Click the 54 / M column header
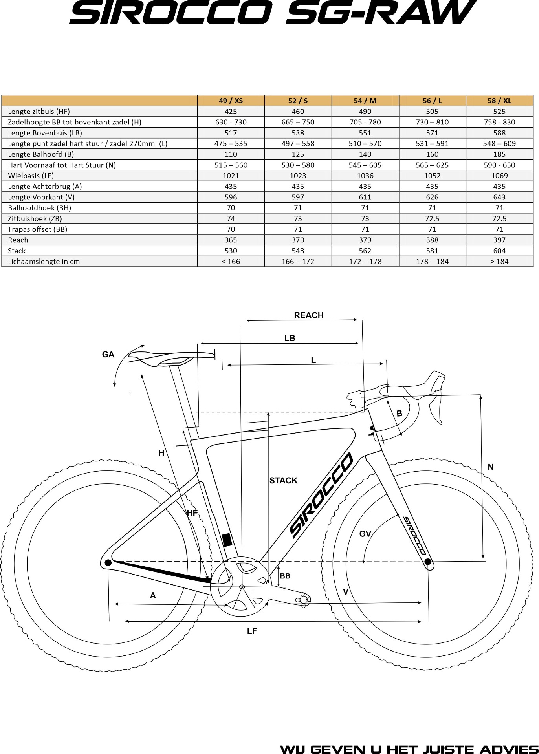click(x=365, y=101)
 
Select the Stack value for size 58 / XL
click(x=499, y=251)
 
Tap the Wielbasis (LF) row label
click(x=31, y=176)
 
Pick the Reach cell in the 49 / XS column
click(x=231, y=240)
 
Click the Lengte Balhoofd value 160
click(x=432, y=154)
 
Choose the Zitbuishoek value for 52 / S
click(x=298, y=218)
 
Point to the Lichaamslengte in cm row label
click(x=44, y=261)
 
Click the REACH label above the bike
click(x=309, y=315)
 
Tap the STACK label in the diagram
click(x=283, y=480)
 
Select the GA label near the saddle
click(x=108, y=355)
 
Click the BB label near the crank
click(x=285, y=576)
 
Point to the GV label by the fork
click(x=365, y=533)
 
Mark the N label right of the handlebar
click(x=490, y=467)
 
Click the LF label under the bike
click(x=252, y=631)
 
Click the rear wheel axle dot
click(x=108, y=563)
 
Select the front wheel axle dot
click(x=428, y=562)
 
